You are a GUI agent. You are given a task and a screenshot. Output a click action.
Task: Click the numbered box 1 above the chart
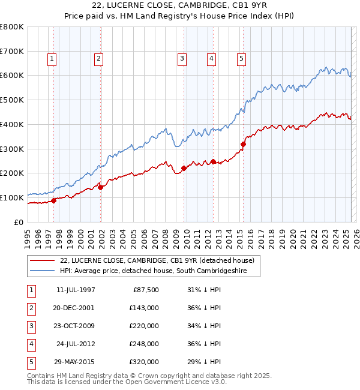pyautogui.click(x=53, y=59)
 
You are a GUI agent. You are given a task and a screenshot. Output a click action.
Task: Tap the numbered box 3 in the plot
pyautogui.click(x=181, y=59)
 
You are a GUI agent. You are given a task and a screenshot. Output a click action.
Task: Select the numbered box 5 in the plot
pyautogui.click(x=241, y=59)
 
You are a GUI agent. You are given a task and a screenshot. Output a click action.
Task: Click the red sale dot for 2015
pyautogui.click(x=244, y=144)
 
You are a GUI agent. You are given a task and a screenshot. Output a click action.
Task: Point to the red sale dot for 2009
pyautogui.click(x=184, y=168)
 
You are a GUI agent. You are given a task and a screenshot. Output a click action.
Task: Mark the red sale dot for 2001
pyautogui.click(x=101, y=187)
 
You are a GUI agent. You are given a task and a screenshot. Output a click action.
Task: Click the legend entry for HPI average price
pyautogui.click(x=160, y=271)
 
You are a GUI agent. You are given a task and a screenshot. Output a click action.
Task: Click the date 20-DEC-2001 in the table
pyautogui.click(x=75, y=308)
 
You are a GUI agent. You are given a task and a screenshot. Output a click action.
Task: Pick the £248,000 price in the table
pyautogui.click(x=143, y=344)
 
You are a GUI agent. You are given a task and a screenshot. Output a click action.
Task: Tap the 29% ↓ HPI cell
pyautogui.click(x=204, y=362)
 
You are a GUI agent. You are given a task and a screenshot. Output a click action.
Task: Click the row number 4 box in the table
pyautogui.click(x=31, y=344)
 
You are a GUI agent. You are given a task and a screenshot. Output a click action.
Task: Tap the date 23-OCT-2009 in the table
pyautogui.click(x=75, y=326)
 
